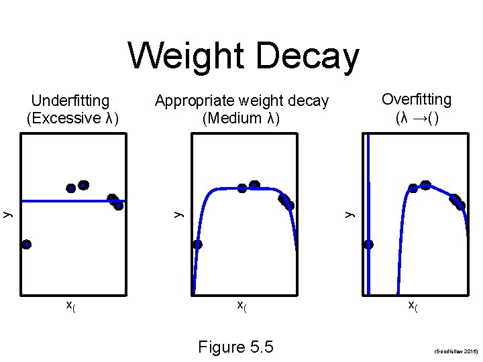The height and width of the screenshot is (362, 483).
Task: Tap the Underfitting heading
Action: (x=70, y=101)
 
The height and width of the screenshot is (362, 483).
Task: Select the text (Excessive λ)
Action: (x=72, y=118)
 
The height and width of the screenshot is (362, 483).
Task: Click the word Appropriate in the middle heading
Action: (x=195, y=101)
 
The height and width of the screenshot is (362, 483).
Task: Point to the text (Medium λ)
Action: (x=241, y=119)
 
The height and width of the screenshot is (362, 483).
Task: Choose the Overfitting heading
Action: (x=417, y=100)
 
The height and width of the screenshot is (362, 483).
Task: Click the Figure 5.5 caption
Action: (x=235, y=347)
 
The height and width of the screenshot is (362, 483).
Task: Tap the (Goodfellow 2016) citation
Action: (x=455, y=351)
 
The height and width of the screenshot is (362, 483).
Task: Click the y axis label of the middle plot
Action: (x=178, y=214)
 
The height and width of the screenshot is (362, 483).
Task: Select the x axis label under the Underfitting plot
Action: (x=70, y=306)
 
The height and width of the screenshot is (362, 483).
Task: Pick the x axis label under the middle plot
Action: (x=242, y=306)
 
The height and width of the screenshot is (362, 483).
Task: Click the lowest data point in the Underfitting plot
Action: (x=26, y=245)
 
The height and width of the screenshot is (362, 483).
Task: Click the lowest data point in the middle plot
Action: (x=197, y=245)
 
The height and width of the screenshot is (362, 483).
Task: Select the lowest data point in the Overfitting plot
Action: (x=368, y=245)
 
